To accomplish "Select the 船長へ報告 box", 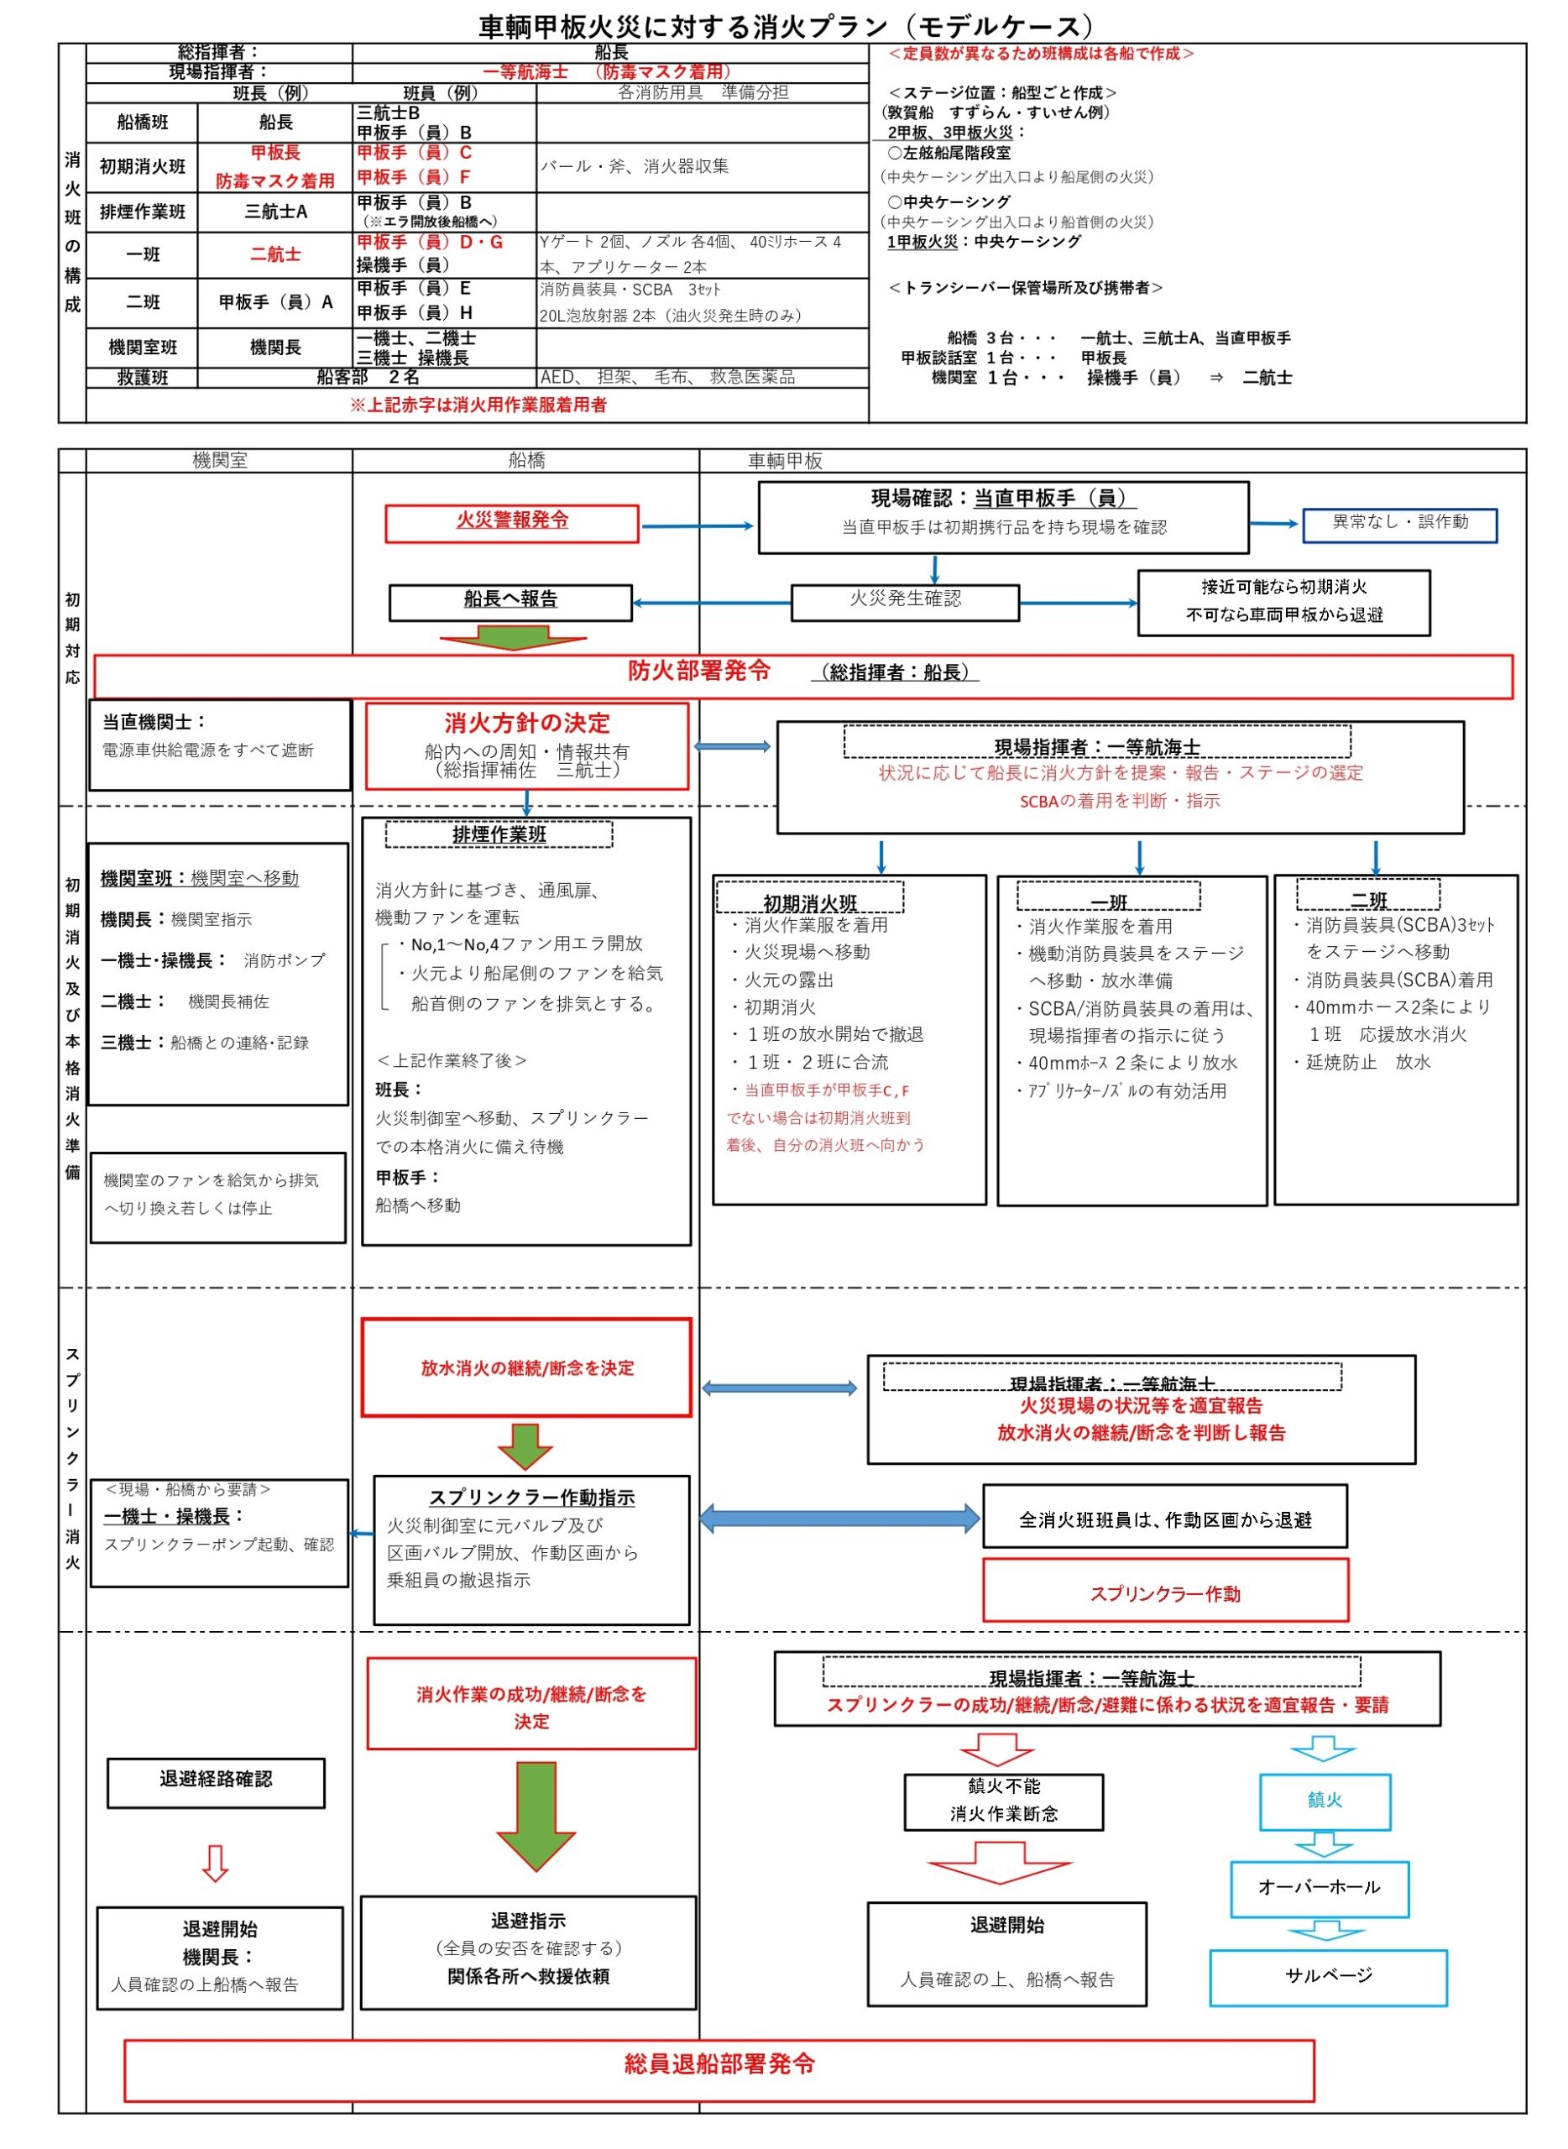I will coord(510,602).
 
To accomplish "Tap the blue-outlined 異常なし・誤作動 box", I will coord(1400,524).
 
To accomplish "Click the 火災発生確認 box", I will coord(905,602).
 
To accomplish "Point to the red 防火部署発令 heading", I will coord(699,671).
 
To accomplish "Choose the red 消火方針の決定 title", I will coord(527,724).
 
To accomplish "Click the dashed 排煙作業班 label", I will coord(499,835).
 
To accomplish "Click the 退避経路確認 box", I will coord(216,1781).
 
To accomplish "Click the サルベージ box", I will coord(1328,1977).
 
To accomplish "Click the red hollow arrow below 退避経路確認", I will coord(216,1864).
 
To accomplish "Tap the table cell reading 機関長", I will coord(275,348).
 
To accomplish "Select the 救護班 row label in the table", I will coord(143,378).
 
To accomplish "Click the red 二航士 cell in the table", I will coord(275,254).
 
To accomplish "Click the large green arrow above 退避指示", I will coord(536,1817).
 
